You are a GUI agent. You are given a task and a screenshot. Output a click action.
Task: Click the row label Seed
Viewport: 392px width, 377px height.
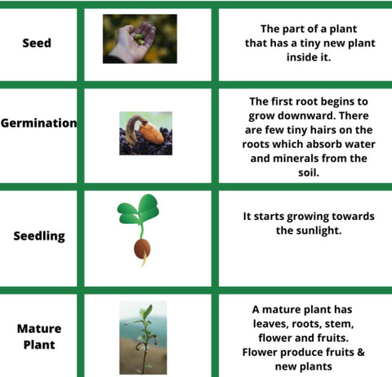click(37, 43)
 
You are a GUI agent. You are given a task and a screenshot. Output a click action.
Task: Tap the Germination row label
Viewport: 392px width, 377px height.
click(38, 123)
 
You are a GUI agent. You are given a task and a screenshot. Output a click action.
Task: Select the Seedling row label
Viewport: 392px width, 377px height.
click(39, 236)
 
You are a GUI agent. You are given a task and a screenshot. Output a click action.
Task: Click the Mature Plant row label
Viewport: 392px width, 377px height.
click(39, 337)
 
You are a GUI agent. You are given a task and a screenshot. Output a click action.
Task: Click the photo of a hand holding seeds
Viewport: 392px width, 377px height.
click(140, 39)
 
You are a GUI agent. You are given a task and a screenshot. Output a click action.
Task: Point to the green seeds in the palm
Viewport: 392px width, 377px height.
click(140, 39)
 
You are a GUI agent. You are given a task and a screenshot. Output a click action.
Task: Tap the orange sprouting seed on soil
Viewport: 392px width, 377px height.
click(152, 132)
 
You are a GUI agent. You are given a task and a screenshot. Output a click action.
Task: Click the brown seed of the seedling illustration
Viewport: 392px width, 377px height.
click(142, 249)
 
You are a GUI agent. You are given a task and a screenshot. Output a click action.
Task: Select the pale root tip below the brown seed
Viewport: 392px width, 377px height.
click(145, 260)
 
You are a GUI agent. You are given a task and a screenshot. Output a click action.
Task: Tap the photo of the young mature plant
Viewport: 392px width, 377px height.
click(143, 338)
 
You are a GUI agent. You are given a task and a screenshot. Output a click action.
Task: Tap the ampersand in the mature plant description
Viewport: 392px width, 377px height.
click(360, 352)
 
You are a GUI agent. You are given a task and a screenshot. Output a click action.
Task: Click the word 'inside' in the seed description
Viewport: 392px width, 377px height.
click(302, 57)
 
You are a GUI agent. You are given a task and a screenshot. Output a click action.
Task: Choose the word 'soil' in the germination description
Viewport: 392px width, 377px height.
click(307, 173)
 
